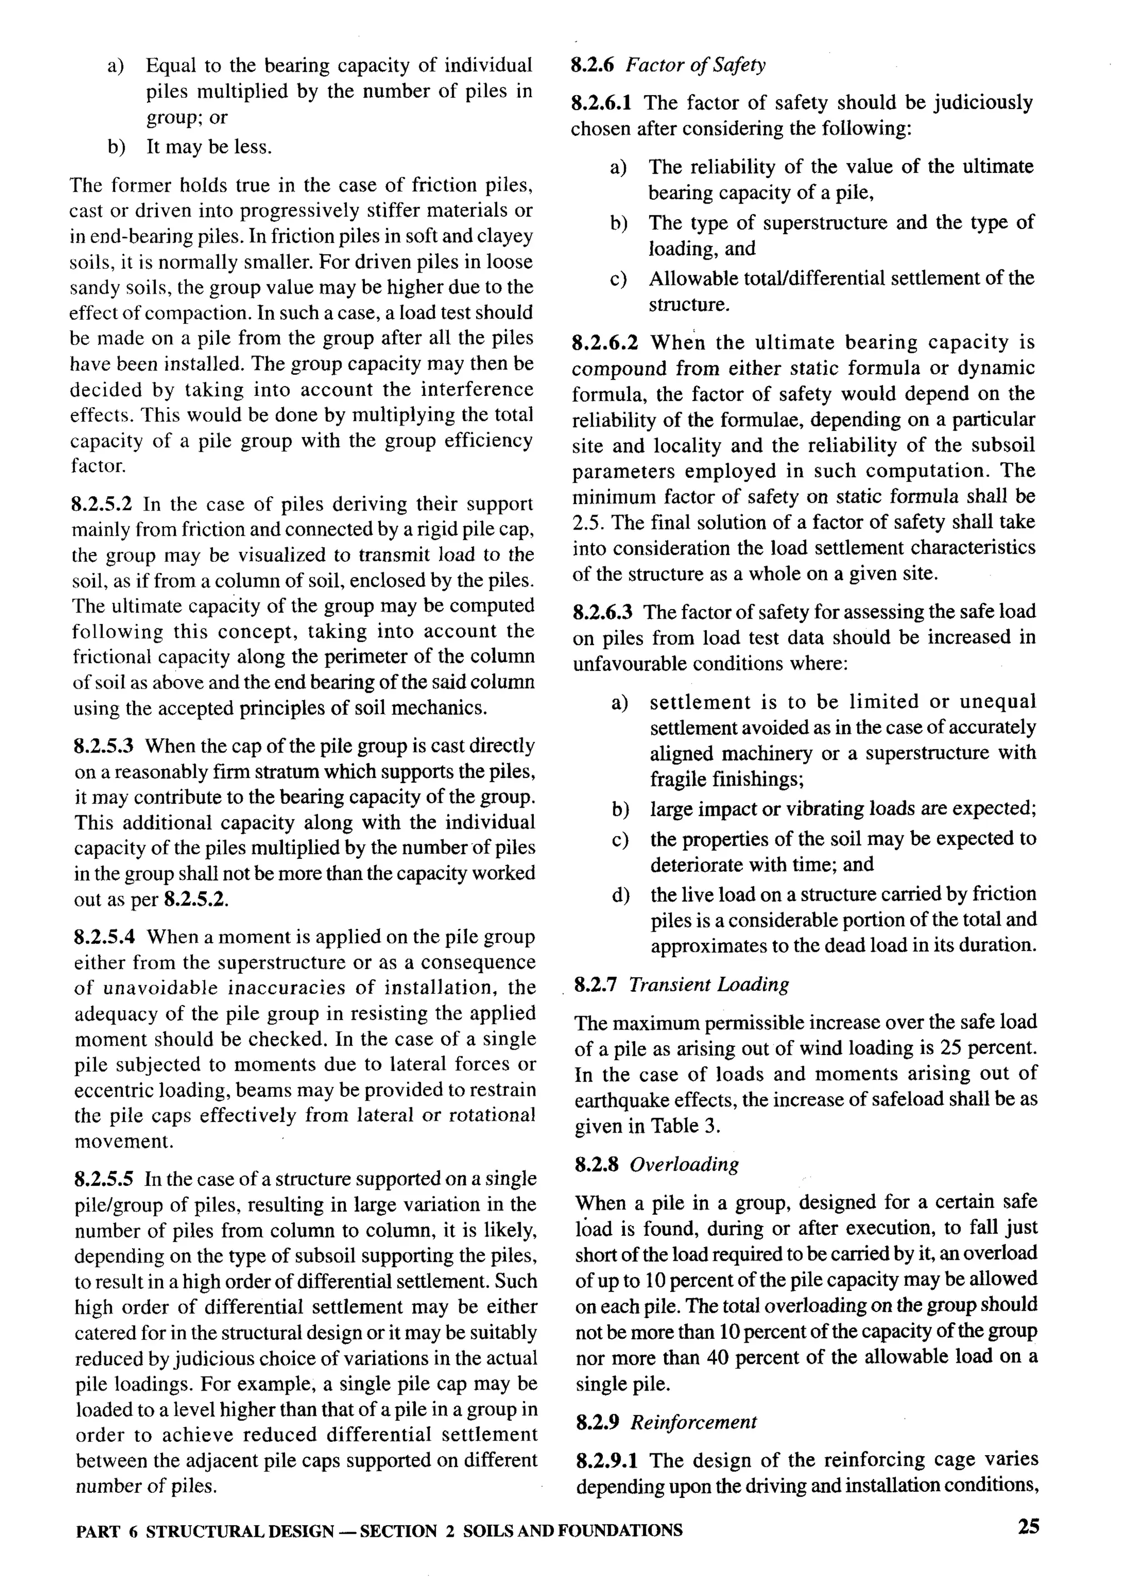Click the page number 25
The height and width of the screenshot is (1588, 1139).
pyautogui.click(x=1028, y=1526)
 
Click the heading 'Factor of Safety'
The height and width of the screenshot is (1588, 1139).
pyautogui.click(x=695, y=65)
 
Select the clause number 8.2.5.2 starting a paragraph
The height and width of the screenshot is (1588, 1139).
pyautogui.click(x=103, y=503)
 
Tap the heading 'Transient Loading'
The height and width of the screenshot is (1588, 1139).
pyautogui.click(x=709, y=985)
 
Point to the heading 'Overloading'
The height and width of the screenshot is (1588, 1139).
pyautogui.click(x=684, y=1164)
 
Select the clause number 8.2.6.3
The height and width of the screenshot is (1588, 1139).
pyautogui.click(x=603, y=612)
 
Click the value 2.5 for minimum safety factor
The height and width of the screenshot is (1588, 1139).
pyautogui.click(x=584, y=522)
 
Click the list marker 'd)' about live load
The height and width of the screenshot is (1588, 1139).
pyautogui.click(x=620, y=895)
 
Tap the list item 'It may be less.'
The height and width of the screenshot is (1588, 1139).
pyautogui.click(x=209, y=147)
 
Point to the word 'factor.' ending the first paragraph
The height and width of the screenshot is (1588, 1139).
pyautogui.click(x=98, y=466)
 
